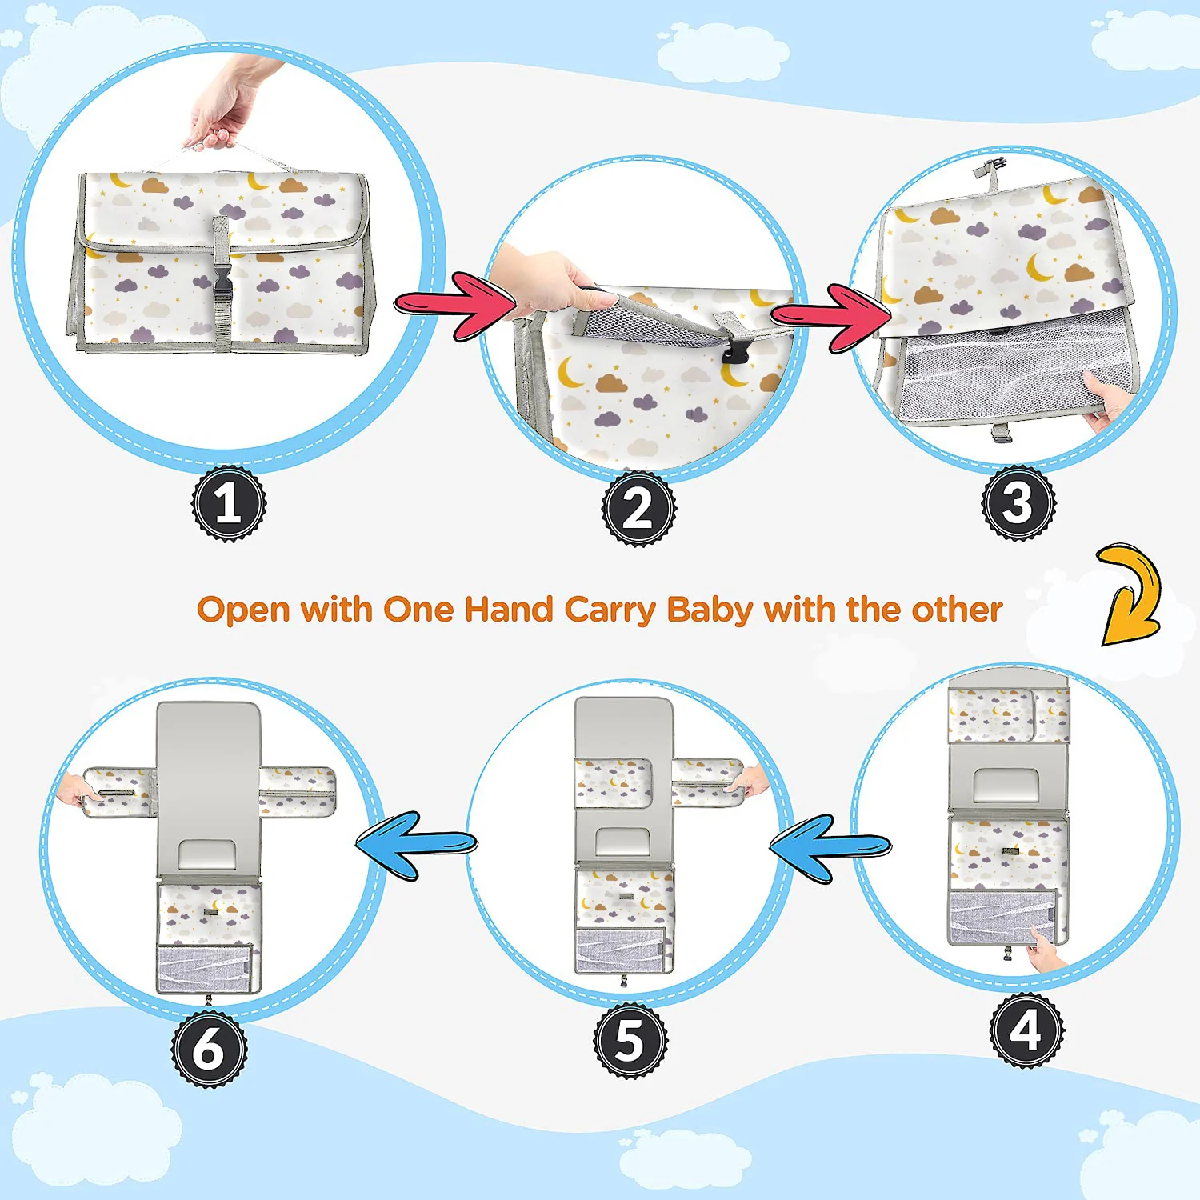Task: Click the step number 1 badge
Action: click(229, 504)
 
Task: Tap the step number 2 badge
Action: click(639, 509)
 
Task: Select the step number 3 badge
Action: click(1019, 503)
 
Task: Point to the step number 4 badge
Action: click(1027, 1030)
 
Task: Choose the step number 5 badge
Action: click(630, 1041)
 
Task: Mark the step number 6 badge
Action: click(210, 1049)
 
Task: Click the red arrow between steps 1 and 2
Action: click(454, 306)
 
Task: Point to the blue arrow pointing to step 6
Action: click(416, 845)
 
